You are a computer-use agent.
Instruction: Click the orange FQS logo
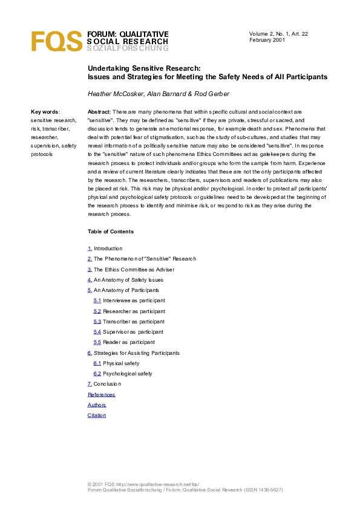57,41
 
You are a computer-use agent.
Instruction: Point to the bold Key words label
45,112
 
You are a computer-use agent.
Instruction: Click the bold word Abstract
99,112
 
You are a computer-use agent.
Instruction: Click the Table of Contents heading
111,232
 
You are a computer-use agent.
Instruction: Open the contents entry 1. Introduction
105,248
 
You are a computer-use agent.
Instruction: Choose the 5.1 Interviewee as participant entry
129,300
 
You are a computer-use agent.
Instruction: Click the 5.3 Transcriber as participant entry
129,322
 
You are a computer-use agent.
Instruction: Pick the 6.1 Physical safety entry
116,363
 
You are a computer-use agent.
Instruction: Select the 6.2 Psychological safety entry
123,374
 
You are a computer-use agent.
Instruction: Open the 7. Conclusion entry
104,384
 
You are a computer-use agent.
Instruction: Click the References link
101,395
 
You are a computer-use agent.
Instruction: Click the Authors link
97,405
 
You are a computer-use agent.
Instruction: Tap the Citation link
97,415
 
